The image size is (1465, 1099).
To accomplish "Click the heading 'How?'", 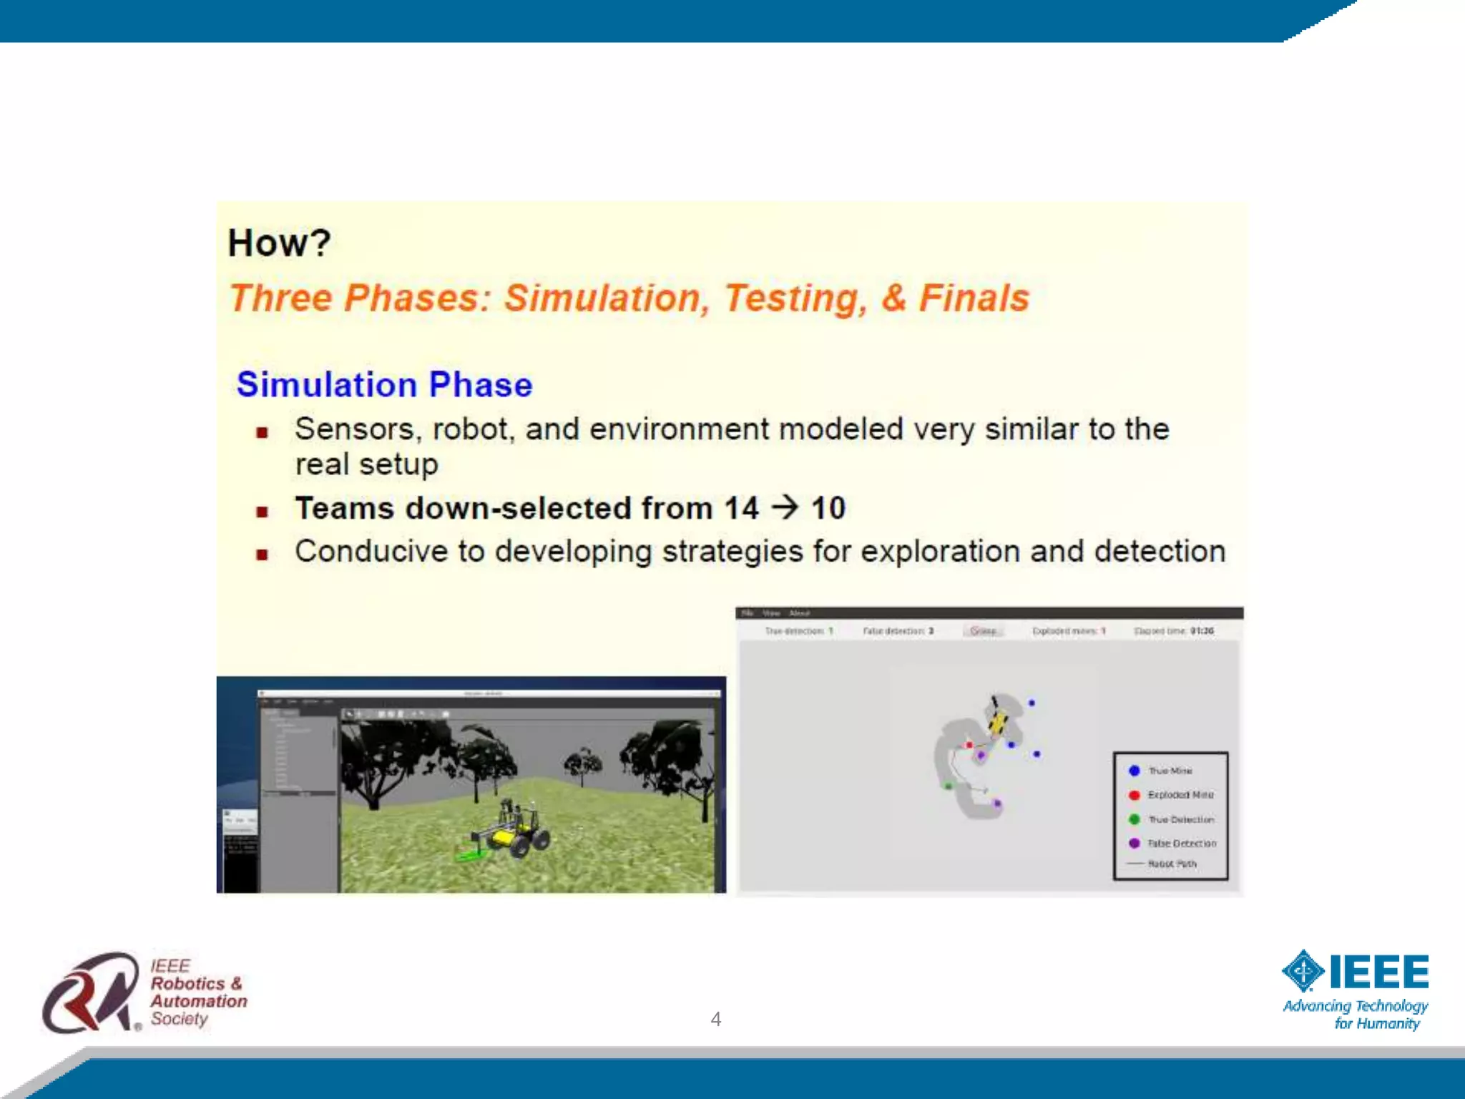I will click(279, 243).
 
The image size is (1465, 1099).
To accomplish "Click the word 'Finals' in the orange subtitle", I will click(974, 298).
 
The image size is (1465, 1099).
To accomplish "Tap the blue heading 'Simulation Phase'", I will click(384, 385).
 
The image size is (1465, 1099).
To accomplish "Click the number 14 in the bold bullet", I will click(741, 509).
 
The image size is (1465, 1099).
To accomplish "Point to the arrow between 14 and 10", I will click(785, 507).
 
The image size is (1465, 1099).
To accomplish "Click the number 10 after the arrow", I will click(828, 509).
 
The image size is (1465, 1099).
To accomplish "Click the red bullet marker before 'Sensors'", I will click(263, 432).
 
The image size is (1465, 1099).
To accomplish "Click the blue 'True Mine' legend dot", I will click(1134, 771).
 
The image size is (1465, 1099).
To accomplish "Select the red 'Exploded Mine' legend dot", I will click(1134, 795).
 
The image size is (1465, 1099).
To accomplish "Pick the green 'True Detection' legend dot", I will click(1134, 819).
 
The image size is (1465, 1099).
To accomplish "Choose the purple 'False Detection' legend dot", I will click(1134, 844).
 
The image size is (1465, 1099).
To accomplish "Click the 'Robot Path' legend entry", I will click(1171, 864).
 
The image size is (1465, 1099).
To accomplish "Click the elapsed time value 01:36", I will click(1202, 631).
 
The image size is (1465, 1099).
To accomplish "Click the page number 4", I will click(715, 1019).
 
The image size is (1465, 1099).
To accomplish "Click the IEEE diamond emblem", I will click(1303, 972).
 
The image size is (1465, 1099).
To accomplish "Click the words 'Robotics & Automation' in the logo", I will click(198, 992).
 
